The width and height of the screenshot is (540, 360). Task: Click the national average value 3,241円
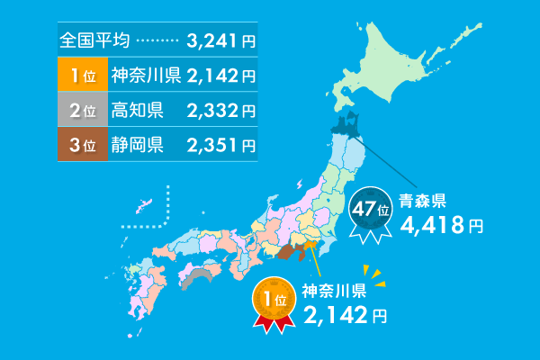tap(221, 40)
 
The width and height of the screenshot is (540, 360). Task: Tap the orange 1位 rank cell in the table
tap(82, 75)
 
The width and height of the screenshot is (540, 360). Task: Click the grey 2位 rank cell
tap(82, 111)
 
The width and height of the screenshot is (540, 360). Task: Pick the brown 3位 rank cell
tap(82, 145)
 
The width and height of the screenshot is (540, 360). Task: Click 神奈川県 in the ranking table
tap(146, 75)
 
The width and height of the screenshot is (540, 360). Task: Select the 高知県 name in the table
tap(137, 111)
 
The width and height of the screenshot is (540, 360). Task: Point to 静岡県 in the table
tap(137, 145)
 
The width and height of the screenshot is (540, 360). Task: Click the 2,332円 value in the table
tap(221, 111)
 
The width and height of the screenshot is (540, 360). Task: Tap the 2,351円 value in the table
tap(221, 145)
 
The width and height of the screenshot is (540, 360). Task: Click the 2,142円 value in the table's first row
tap(221, 75)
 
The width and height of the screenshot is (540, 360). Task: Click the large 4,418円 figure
tap(441, 225)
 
